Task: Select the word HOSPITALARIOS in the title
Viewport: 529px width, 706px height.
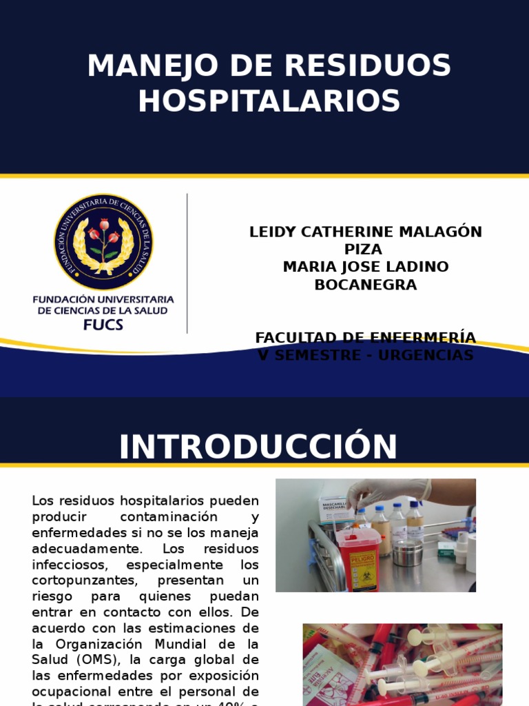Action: tap(269, 101)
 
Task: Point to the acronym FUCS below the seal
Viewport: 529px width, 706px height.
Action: tap(103, 325)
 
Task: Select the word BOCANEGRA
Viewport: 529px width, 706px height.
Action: tap(366, 284)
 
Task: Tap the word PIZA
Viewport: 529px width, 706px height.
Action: tap(366, 250)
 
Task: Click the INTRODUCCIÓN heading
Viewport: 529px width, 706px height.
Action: tap(258, 447)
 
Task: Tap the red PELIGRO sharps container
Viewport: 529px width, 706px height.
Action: tap(358, 558)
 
